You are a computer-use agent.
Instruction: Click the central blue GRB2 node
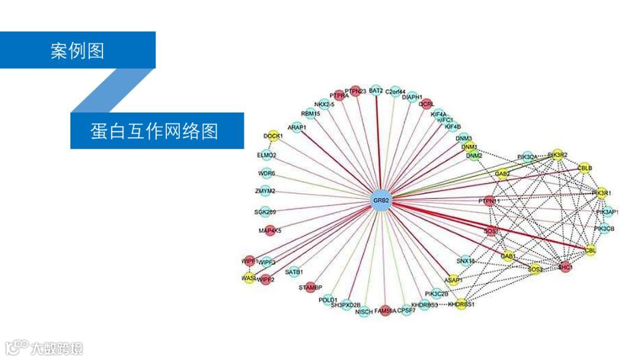point(380,201)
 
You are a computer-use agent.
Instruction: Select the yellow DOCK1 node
point(273,136)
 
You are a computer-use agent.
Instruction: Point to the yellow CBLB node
point(585,168)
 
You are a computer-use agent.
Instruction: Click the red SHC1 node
point(565,267)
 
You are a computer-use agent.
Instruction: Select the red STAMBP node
point(310,287)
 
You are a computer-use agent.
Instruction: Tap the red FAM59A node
point(386,310)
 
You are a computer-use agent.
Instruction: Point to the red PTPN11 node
point(489,201)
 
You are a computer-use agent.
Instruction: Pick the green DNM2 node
point(474,156)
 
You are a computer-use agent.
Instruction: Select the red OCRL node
point(427,104)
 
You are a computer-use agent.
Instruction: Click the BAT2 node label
point(376,91)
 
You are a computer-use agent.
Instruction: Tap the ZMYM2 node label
point(265,191)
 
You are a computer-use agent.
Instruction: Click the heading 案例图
point(77,51)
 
